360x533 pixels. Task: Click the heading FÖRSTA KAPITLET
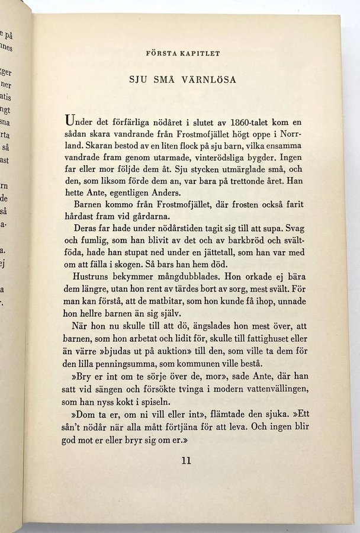[183, 53]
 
